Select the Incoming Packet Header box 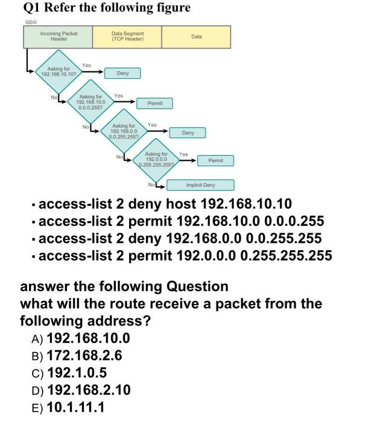[x=58, y=37]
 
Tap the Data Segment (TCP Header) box [x=127, y=37]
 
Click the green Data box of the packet [x=196, y=37]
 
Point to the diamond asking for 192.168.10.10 [x=58, y=72]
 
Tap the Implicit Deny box [x=200, y=185]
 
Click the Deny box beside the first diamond [x=123, y=73]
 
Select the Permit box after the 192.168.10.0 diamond [x=155, y=103]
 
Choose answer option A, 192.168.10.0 [x=87, y=338]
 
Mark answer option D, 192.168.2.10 [x=87, y=390]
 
